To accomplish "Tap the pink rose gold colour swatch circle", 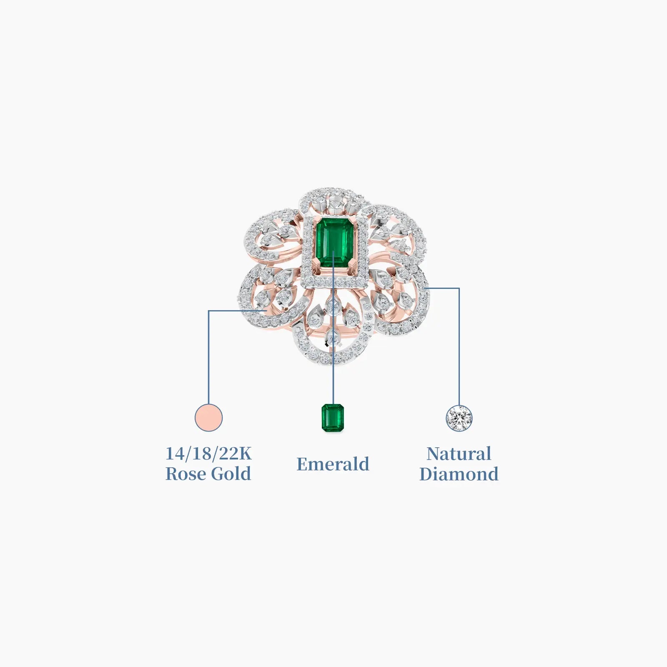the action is [208, 417].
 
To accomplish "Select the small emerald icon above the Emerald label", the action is [333, 418].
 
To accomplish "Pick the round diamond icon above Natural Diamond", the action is [459, 418].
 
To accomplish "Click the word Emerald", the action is [333, 464].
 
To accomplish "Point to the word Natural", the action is [459, 454].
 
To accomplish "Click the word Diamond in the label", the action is [459, 474].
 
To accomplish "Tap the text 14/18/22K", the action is [208, 454].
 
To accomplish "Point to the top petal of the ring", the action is [333, 202].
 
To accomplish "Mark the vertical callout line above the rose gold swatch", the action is [208, 357].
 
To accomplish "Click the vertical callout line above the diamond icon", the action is [459, 346].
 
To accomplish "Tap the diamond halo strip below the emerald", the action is [334, 283].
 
